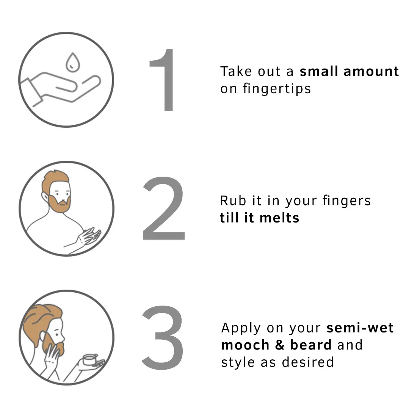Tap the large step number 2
click(163, 208)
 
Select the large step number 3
click(163, 337)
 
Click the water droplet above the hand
click(73, 63)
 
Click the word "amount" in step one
click(371, 72)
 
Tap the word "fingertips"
click(277, 89)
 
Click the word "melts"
click(279, 218)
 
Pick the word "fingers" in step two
click(347, 201)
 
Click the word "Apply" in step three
click(241, 328)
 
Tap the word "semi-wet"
click(360, 328)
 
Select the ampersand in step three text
click(279, 345)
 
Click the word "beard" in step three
click(311, 345)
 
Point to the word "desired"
click(308, 362)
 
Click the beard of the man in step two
click(60, 204)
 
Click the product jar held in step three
click(90, 360)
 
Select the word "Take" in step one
click(236, 71)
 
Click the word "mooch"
click(245, 345)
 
